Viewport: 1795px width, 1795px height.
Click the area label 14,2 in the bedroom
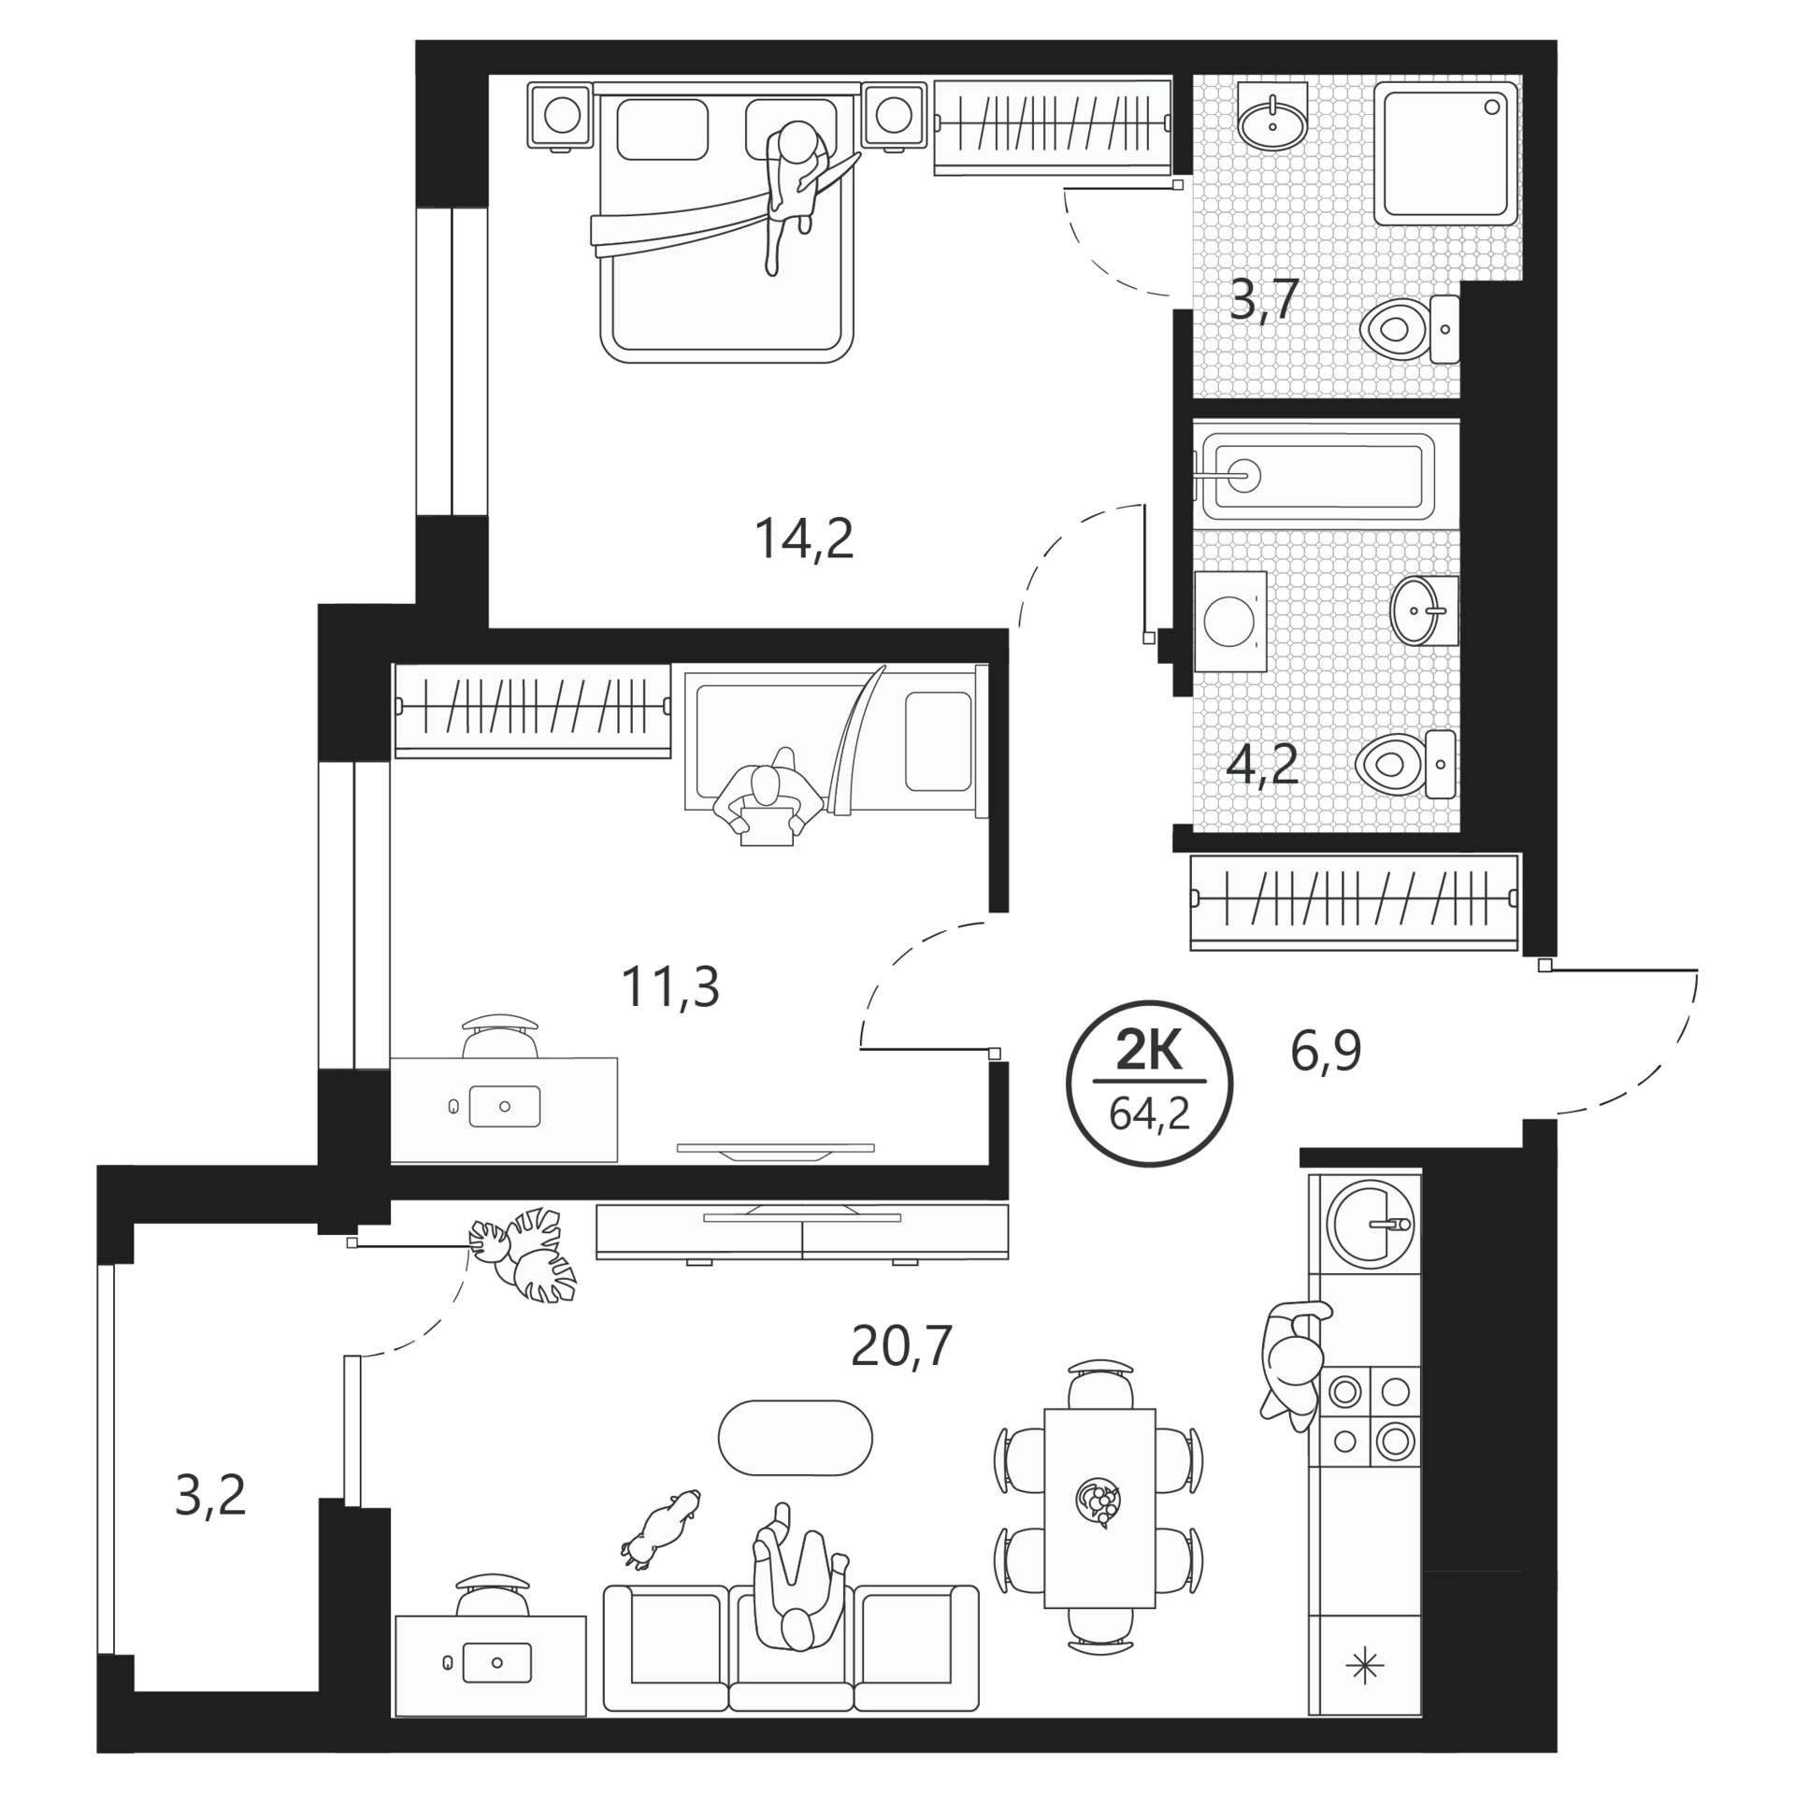coord(804,539)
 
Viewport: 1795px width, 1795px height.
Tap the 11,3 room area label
coord(670,987)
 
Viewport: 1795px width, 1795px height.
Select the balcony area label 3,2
coord(210,1495)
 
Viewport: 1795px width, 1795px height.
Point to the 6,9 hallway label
coord(1326,1052)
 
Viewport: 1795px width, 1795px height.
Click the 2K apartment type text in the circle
coord(1149,1054)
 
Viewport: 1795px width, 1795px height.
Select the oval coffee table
coord(795,1438)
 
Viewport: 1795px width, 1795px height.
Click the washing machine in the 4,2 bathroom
coord(1230,621)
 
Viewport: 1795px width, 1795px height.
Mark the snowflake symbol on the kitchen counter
coord(1364,1667)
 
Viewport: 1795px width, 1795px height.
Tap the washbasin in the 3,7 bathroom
coord(1271,116)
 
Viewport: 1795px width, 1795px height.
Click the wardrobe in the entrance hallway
coord(1354,902)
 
